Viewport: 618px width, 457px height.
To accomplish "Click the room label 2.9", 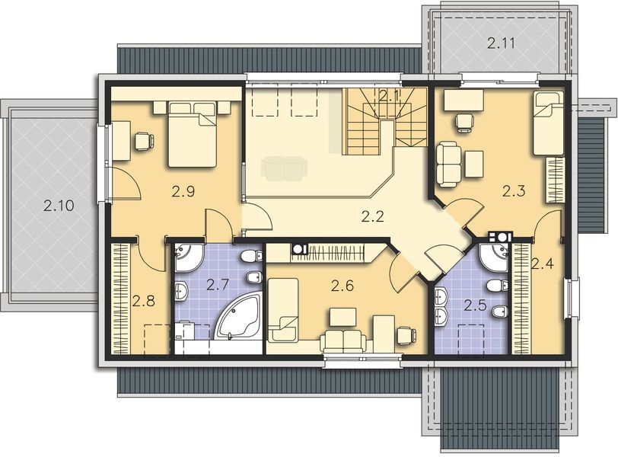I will [x=183, y=192].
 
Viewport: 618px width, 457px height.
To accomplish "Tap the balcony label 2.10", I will [x=58, y=205].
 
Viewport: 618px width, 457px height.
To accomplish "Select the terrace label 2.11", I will [x=502, y=43].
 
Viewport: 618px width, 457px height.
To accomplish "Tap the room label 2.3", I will [x=514, y=192].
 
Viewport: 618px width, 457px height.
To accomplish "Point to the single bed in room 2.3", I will [x=548, y=122].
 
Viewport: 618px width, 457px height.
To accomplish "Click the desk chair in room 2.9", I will [x=143, y=141].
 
